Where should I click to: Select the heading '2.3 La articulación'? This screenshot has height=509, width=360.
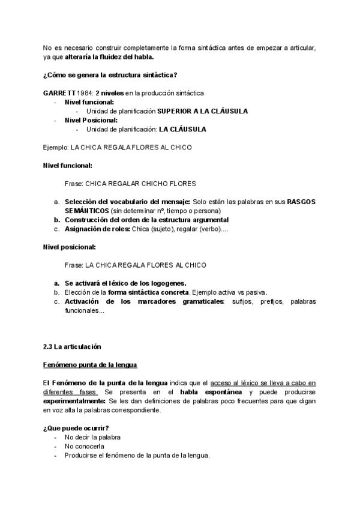pos(72,347)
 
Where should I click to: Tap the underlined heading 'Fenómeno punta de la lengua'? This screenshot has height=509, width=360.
pos(90,364)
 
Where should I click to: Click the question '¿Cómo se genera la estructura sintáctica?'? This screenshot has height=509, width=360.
pos(110,74)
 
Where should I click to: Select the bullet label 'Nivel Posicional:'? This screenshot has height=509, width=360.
pos(91,120)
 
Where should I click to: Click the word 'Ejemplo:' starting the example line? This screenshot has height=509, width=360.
pos(56,147)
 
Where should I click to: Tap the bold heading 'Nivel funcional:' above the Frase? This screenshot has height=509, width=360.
pos(68,165)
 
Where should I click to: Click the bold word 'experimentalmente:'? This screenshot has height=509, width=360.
pos(74,400)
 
